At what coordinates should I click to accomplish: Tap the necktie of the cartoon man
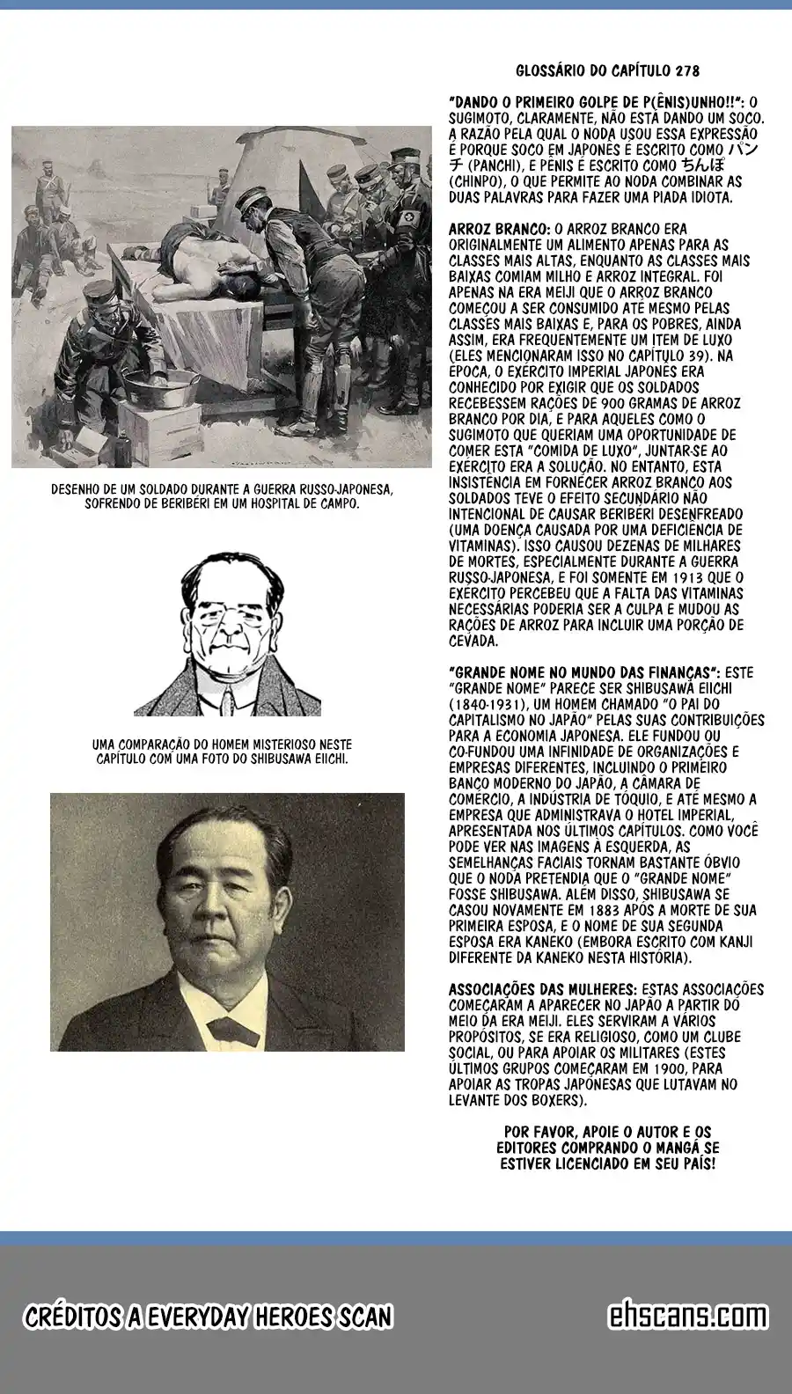226,695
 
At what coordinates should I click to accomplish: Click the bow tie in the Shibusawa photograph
226,1030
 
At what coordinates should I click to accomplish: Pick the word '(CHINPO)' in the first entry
475,181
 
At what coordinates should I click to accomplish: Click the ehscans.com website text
687,1316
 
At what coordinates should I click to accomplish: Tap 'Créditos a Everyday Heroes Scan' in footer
208,1317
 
